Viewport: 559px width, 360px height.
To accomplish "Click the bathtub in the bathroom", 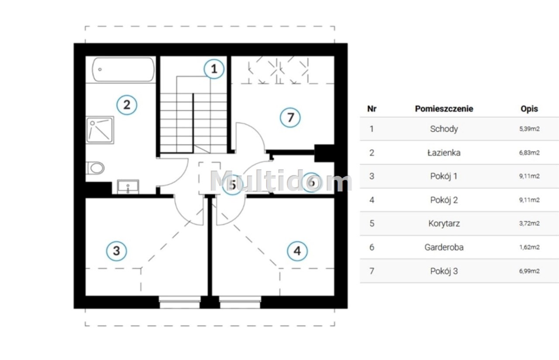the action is click(x=123, y=69).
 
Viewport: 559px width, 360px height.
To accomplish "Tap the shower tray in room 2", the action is click(x=100, y=130).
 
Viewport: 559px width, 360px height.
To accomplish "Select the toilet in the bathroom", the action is click(x=95, y=168).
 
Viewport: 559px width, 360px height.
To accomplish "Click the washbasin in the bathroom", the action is click(x=128, y=186).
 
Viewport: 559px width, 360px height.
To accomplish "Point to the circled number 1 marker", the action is click(x=214, y=69).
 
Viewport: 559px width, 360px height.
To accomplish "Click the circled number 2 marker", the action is click(x=127, y=105).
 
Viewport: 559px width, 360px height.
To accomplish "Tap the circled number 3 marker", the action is click(x=116, y=251).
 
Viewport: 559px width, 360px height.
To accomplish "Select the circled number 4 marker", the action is click(x=297, y=251).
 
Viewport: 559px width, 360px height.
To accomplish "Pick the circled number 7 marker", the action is click(x=290, y=117).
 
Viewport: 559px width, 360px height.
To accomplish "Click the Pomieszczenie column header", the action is click(x=444, y=109).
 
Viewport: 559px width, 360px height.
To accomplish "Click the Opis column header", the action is click(x=529, y=109).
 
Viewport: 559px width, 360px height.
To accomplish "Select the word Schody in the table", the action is click(x=444, y=129).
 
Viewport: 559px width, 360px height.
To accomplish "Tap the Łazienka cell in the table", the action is click(x=444, y=153).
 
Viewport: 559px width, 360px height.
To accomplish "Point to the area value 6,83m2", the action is click(x=529, y=153).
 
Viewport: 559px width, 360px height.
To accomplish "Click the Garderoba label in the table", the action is click(x=444, y=247).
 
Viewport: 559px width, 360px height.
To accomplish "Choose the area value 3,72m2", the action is click(x=529, y=223).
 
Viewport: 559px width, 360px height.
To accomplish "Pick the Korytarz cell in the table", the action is click(x=444, y=223).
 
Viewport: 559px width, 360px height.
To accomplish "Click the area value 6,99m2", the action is click(x=529, y=271).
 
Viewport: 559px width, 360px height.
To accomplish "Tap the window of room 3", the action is click(x=179, y=302).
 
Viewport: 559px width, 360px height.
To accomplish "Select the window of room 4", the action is click(x=240, y=302).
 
